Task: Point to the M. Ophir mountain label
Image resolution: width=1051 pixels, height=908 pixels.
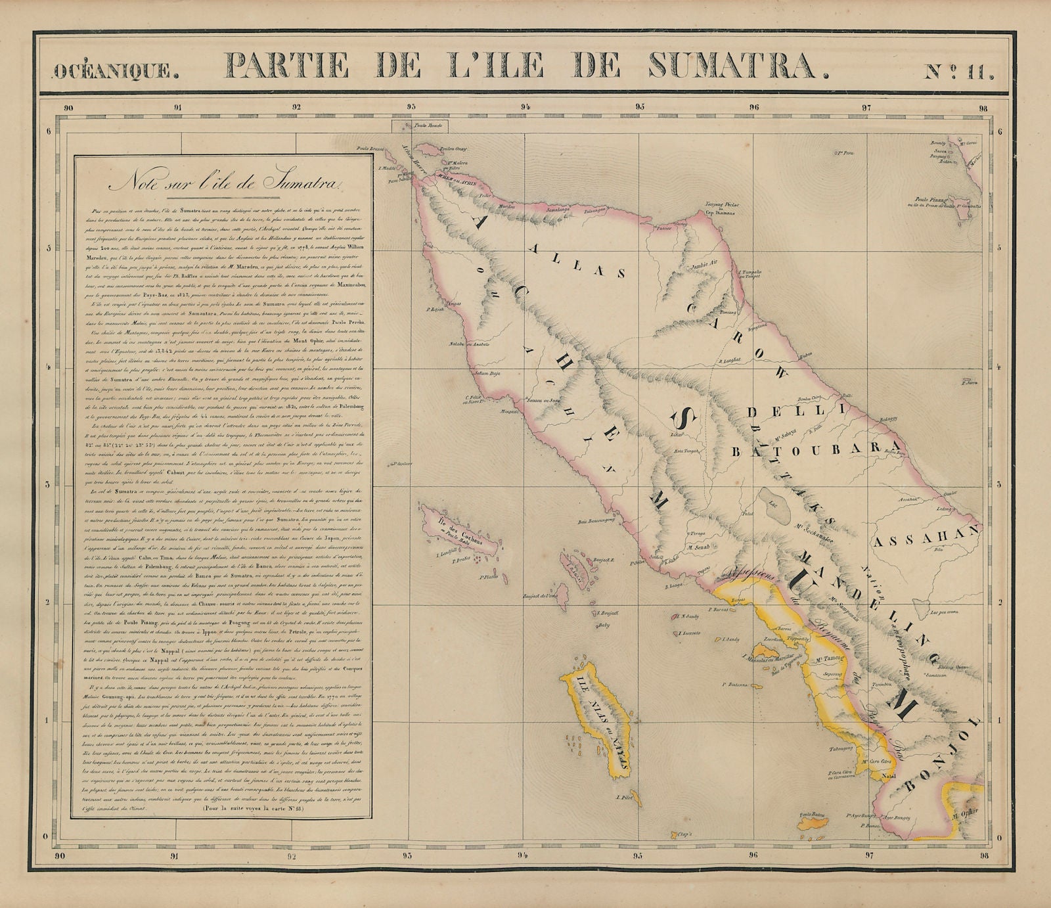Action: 964,813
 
